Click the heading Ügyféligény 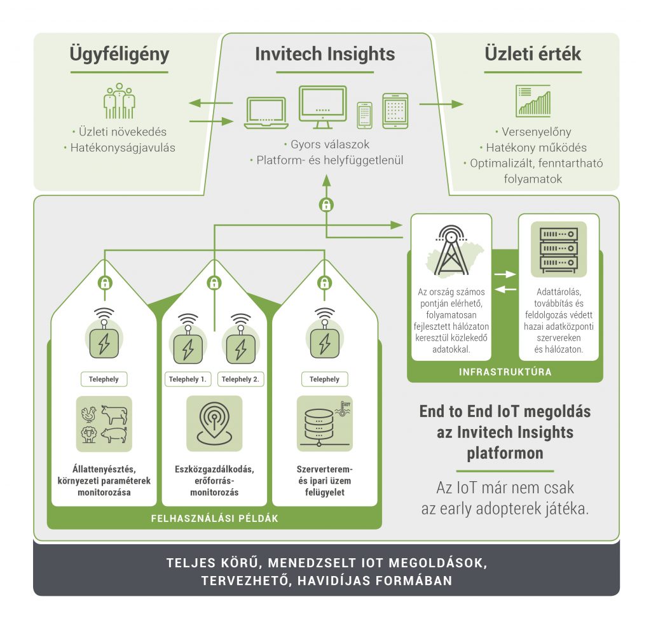click(x=120, y=54)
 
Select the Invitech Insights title click(x=325, y=54)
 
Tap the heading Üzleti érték click(x=533, y=54)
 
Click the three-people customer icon click(x=120, y=102)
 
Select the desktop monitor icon click(x=322, y=107)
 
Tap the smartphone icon click(x=364, y=115)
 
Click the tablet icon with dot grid click(x=394, y=110)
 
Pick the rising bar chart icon click(x=533, y=101)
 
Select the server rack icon click(x=559, y=250)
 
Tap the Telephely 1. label click(x=188, y=379)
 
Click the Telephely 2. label click(x=240, y=379)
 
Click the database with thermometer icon click(x=324, y=423)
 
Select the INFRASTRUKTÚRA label click(x=505, y=372)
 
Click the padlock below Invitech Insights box click(x=326, y=206)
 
